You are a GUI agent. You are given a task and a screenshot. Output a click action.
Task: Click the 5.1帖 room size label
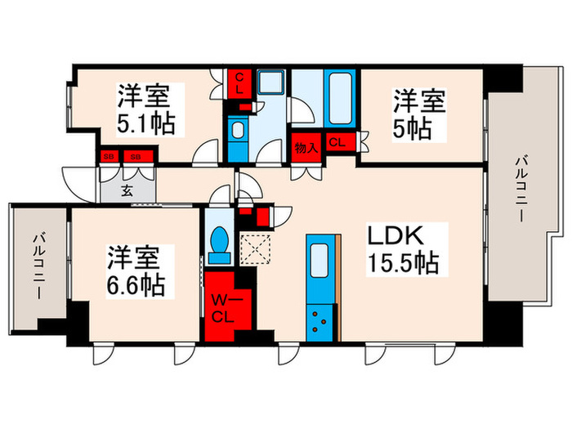(x=145, y=125)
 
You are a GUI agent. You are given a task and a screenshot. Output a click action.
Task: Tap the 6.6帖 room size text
(x=136, y=284)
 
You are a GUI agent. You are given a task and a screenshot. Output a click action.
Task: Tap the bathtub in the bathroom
(x=337, y=97)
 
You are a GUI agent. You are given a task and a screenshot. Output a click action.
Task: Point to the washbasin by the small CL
(x=238, y=132)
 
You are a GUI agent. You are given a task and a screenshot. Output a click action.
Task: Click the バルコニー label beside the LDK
(x=520, y=188)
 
